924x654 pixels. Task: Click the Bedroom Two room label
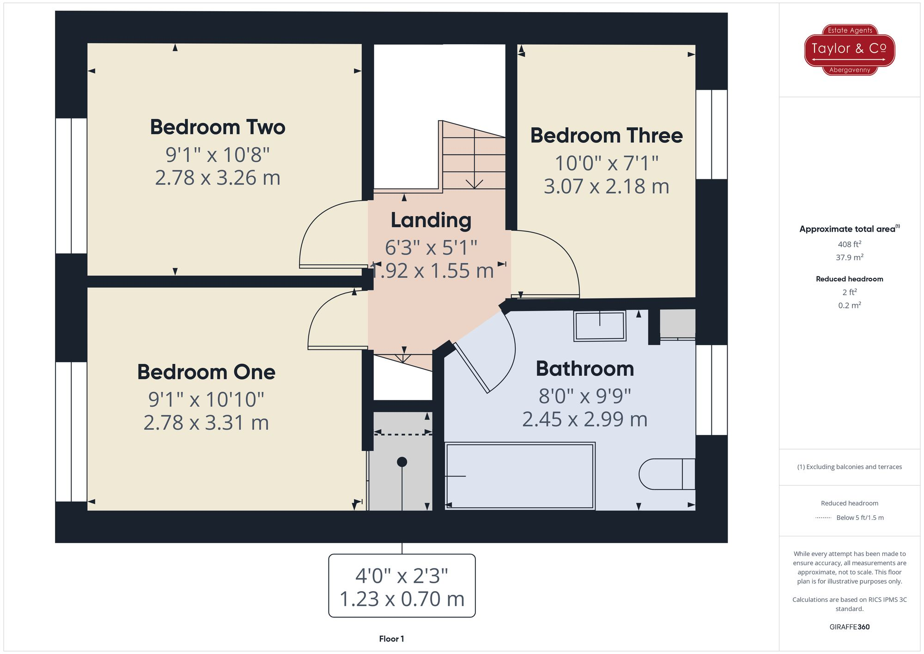[x=218, y=127]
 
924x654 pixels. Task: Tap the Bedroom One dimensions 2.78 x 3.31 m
[x=206, y=422]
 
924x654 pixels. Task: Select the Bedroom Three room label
[x=606, y=135]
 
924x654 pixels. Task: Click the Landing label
[x=431, y=220]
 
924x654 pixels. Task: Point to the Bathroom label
[x=584, y=369]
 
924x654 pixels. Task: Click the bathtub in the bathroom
[x=520, y=476]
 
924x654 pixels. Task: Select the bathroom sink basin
[x=600, y=326]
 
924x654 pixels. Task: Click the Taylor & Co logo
[x=849, y=49]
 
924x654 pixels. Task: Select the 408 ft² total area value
[x=849, y=244]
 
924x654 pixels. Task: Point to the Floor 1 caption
[x=391, y=639]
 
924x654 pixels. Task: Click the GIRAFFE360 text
[x=849, y=627]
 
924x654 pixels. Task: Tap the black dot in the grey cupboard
[x=402, y=462]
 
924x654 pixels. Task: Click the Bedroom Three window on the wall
[x=711, y=134]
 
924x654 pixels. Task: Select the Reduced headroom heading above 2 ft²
[x=849, y=279]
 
